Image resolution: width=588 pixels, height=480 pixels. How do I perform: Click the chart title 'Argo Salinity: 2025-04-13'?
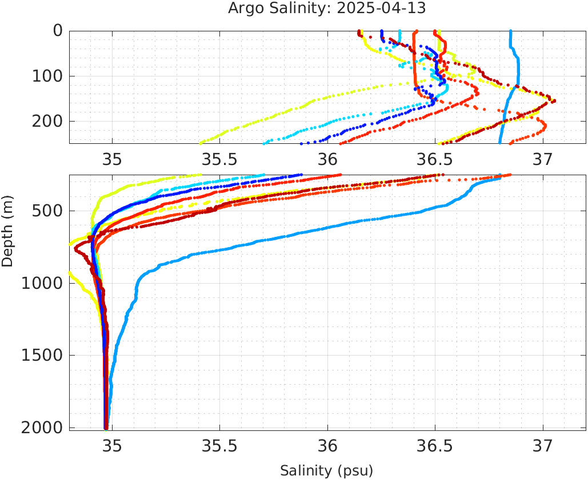click(x=327, y=9)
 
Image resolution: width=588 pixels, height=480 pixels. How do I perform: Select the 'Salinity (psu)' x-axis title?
click(x=326, y=471)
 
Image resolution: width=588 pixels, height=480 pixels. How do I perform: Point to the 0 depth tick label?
click(x=58, y=31)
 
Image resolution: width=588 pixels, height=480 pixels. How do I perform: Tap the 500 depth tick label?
click(x=46, y=212)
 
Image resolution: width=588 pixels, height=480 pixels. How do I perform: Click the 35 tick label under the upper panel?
click(x=112, y=156)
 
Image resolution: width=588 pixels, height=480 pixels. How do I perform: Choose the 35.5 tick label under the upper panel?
click(x=219, y=156)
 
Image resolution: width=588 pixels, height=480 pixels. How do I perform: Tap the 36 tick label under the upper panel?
click(x=327, y=156)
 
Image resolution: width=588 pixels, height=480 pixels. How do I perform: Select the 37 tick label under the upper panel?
click(x=543, y=156)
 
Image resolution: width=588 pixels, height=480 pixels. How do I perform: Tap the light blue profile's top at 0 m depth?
click(x=510, y=32)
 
